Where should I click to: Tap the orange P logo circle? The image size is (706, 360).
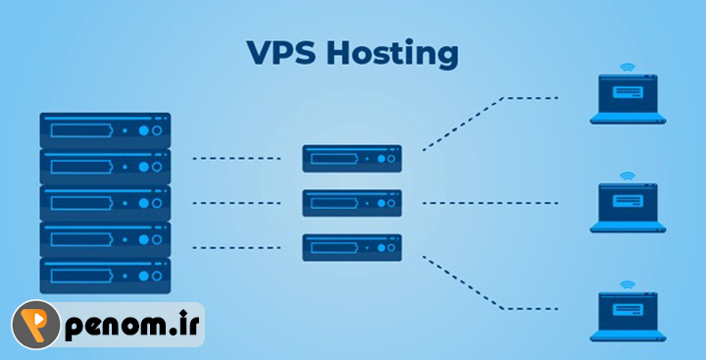[36, 325]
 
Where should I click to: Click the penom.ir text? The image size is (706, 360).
[132, 325]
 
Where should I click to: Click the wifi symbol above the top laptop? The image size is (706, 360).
[628, 68]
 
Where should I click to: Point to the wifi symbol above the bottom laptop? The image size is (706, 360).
[628, 285]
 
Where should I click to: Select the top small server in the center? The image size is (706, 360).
[352, 159]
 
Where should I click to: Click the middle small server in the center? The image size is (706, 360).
[352, 203]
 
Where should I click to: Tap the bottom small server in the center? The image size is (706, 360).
[352, 247]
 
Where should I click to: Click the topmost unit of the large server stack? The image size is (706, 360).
[105, 130]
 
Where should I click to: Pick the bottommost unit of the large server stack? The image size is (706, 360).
[105, 276]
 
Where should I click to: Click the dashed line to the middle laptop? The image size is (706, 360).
[490, 203]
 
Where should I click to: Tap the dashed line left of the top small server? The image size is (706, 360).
[237, 159]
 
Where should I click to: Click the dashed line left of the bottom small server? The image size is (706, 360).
[237, 248]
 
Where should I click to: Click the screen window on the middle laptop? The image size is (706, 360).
[628, 201]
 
